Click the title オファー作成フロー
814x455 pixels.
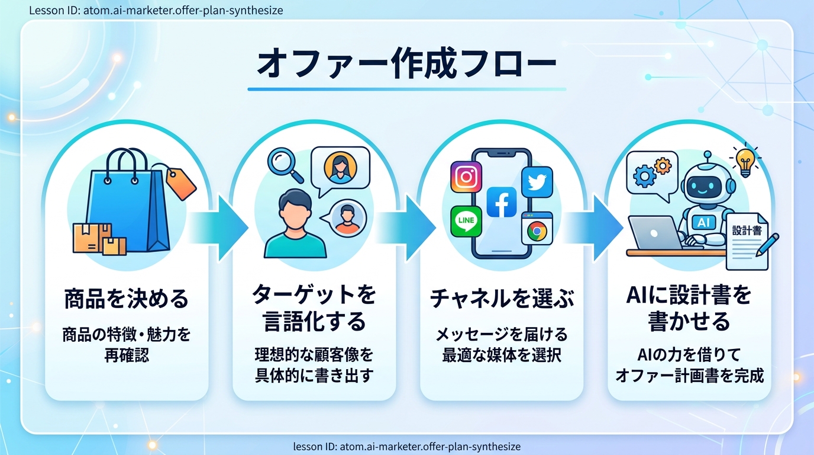pyautogui.click(x=406, y=63)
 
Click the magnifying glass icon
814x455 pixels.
pyautogui.click(x=285, y=164)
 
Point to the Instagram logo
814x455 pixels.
pyautogui.click(x=466, y=177)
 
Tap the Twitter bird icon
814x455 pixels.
pyautogui.click(x=537, y=182)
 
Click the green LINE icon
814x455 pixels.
pyautogui.click(x=466, y=221)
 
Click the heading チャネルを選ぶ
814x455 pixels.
pyautogui.click(x=502, y=299)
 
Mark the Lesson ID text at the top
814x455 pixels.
pyautogui.click(x=156, y=10)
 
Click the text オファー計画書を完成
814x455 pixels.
pyautogui.click(x=689, y=376)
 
